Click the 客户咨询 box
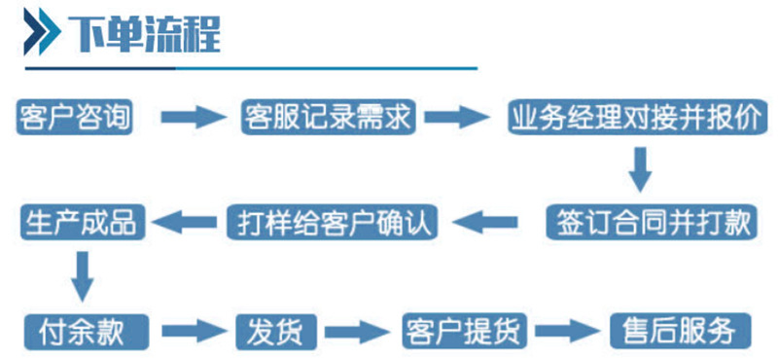coord(74,117)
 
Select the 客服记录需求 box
coord(329,117)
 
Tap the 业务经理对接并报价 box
coord(637,118)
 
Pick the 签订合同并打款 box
coord(650,222)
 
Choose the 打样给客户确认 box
coord(332,222)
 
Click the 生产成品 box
coord(83,222)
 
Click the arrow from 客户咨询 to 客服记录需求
coord(193,118)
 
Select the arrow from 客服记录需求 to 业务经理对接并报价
coord(460,118)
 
